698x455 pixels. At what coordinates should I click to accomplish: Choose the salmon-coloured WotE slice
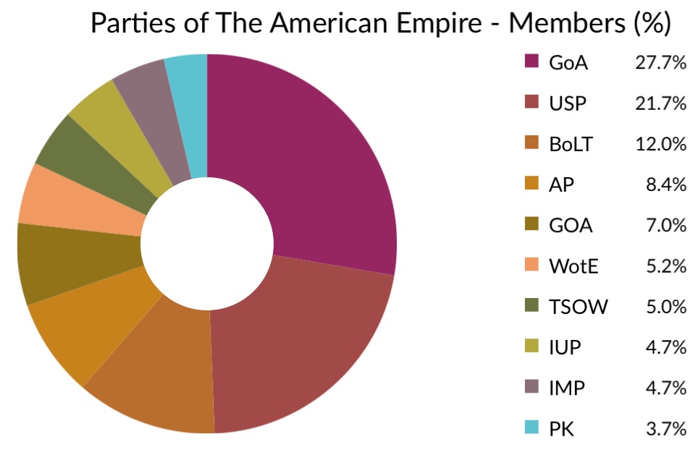(80, 200)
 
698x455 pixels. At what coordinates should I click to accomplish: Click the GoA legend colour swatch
(531, 61)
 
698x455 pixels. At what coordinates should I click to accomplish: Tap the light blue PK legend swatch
(531, 428)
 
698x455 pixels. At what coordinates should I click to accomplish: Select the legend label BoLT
(571, 144)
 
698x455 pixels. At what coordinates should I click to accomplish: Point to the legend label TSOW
(579, 307)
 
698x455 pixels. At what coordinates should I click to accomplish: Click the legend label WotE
(573, 266)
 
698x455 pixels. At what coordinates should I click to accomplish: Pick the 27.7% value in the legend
(660, 63)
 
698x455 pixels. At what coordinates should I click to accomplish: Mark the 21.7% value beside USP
(660, 103)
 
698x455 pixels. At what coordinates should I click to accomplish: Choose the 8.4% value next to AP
(666, 184)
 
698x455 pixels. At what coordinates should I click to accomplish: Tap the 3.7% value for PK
(666, 429)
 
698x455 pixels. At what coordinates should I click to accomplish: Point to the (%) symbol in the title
(652, 23)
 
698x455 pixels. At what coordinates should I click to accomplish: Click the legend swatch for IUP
(531, 346)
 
